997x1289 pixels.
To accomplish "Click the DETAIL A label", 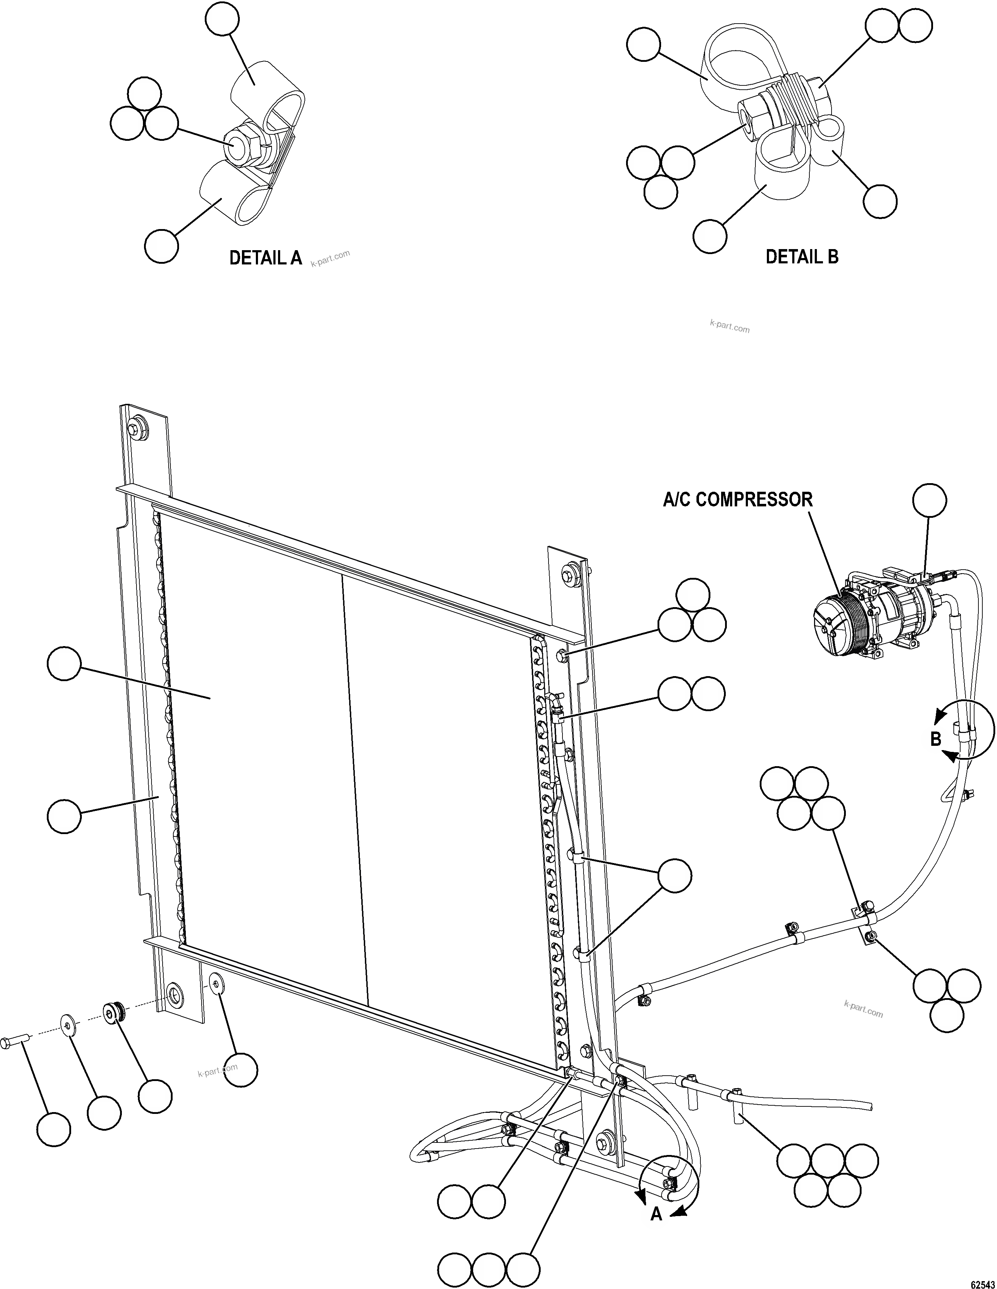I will coord(265,258).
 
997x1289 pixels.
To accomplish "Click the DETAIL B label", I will coord(802,257).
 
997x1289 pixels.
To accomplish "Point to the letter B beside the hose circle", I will coord(935,739).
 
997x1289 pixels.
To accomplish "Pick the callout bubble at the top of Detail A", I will coord(223,20).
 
